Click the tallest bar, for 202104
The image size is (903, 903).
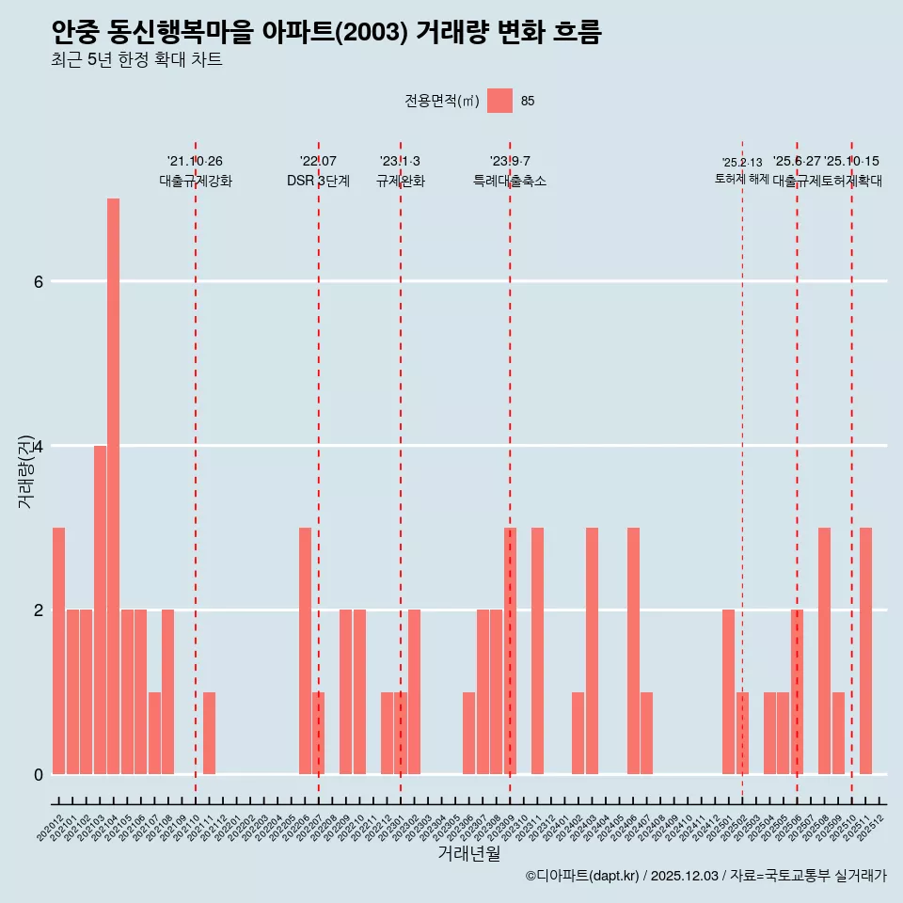click(x=113, y=486)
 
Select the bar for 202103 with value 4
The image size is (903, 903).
click(x=100, y=610)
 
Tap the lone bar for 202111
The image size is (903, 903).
click(x=209, y=733)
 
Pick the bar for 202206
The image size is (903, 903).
click(x=305, y=651)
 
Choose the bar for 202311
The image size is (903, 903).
click(x=537, y=651)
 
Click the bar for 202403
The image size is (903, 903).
click(x=592, y=651)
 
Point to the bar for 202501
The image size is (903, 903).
click(x=728, y=691)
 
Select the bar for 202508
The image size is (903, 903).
click(x=824, y=651)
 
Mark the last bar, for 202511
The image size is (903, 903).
click(x=865, y=651)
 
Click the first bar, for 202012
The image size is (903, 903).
click(x=58, y=651)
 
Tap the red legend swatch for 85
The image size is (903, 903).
click(x=499, y=101)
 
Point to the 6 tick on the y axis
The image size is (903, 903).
click(x=38, y=281)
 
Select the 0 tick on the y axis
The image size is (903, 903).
click(x=38, y=774)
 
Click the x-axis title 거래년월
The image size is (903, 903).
click(x=468, y=853)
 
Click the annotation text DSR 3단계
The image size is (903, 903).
click(x=318, y=181)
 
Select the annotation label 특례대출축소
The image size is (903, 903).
click(x=509, y=181)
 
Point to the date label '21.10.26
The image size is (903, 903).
click(x=195, y=161)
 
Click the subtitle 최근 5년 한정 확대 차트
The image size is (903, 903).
click(x=136, y=61)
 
